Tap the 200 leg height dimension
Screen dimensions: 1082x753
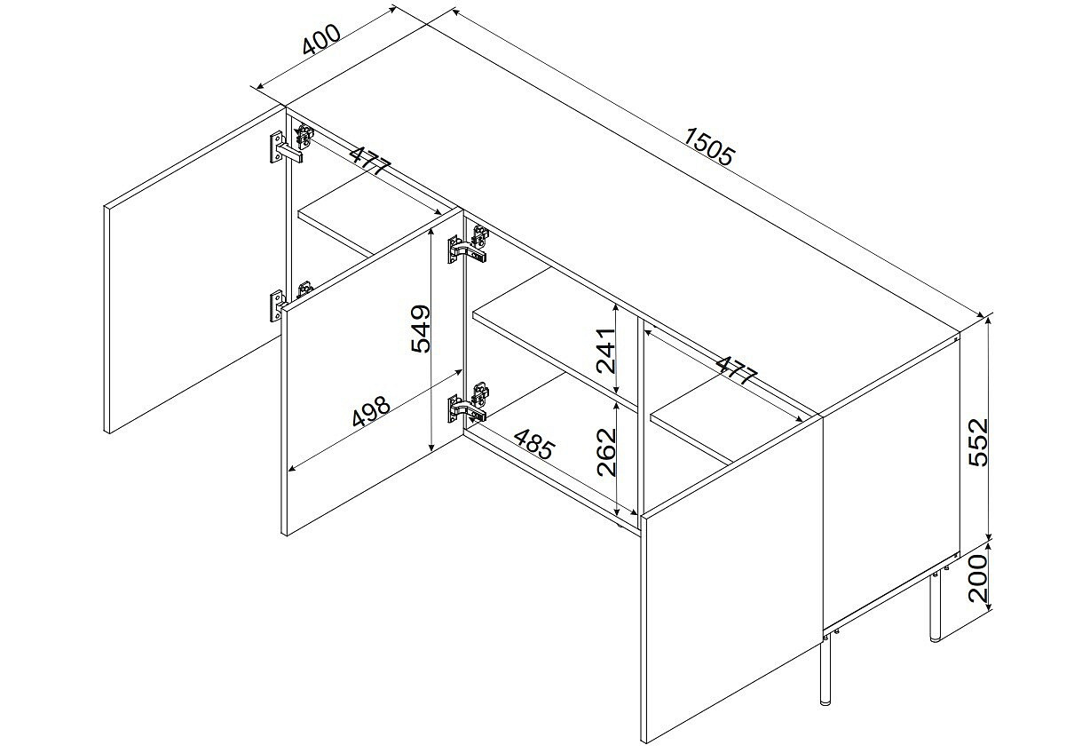click(979, 578)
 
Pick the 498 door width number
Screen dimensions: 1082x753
click(370, 412)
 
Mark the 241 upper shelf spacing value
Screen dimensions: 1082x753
click(605, 352)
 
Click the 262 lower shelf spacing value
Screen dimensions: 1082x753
click(607, 452)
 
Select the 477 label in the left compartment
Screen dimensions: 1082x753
click(369, 161)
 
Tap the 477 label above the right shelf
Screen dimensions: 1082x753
click(736, 370)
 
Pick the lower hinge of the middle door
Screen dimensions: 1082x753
click(469, 402)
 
